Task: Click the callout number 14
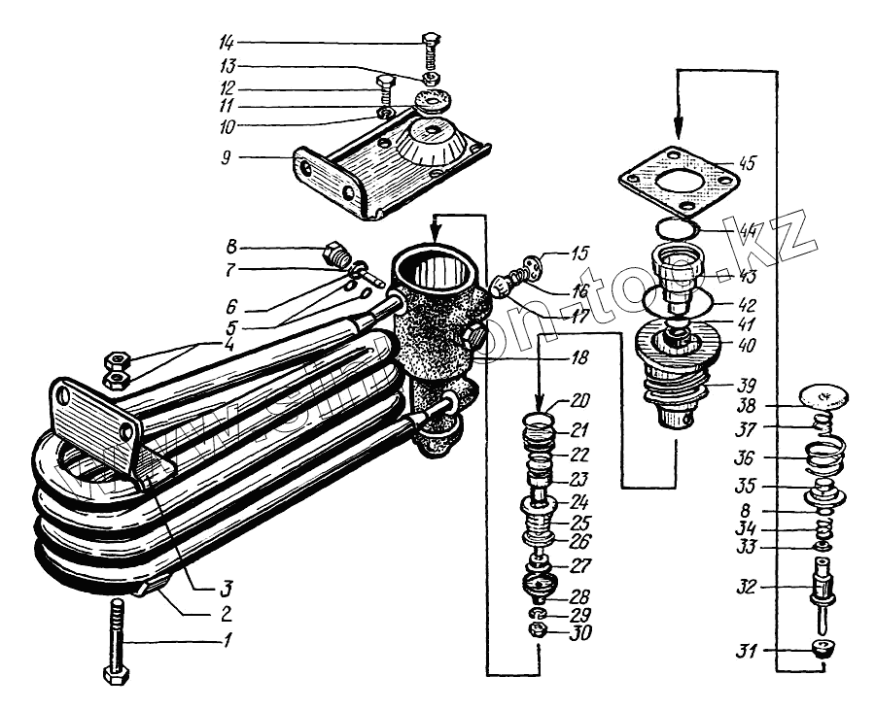tap(227, 42)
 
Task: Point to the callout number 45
tap(747, 162)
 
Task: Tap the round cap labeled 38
tap(822, 396)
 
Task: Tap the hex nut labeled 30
tap(538, 632)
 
